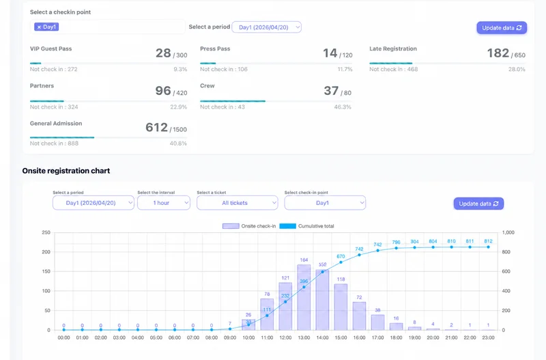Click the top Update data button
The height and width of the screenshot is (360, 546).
click(502, 28)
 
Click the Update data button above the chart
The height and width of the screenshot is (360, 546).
click(478, 204)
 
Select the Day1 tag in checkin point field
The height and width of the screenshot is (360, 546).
click(47, 27)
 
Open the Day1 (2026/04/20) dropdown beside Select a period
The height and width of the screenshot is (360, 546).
click(266, 27)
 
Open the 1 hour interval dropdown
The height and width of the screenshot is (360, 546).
click(163, 203)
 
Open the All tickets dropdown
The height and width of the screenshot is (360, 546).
click(237, 203)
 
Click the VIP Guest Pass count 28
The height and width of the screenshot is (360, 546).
click(163, 53)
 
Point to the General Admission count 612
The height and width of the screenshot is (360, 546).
click(156, 128)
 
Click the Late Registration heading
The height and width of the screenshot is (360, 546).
click(393, 49)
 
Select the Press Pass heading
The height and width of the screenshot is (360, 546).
click(215, 49)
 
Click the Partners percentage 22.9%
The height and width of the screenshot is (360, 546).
click(178, 107)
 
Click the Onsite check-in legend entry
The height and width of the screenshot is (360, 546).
click(250, 226)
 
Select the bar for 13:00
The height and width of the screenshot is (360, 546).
click(304, 297)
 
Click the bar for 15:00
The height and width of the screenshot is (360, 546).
click(341, 307)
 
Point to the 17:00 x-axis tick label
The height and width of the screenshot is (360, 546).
click(377, 337)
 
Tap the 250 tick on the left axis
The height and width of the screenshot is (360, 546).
click(46, 233)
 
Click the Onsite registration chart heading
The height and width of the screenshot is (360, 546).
click(66, 171)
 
